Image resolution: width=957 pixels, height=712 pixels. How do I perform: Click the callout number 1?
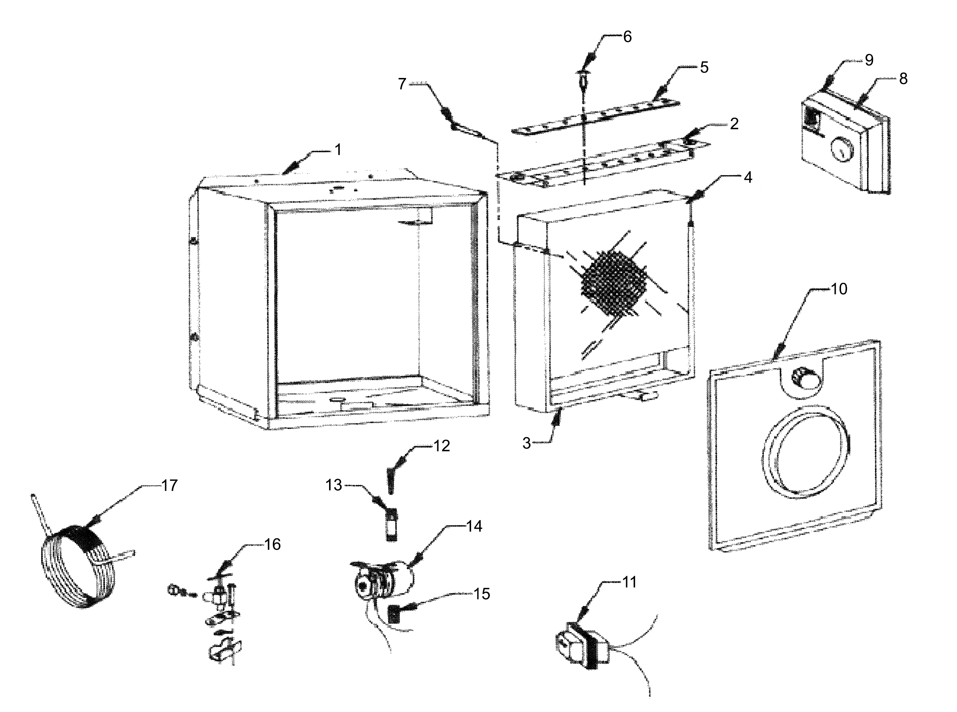pos(338,150)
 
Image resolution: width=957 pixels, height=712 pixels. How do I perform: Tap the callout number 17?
pos(169,485)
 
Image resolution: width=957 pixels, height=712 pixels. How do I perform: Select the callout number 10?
pos(839,289)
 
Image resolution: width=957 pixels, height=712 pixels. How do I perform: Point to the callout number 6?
pos(628,37)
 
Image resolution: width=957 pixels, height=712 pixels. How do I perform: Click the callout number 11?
pos(629,582)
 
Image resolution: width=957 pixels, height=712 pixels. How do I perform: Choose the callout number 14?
pos(474,526)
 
